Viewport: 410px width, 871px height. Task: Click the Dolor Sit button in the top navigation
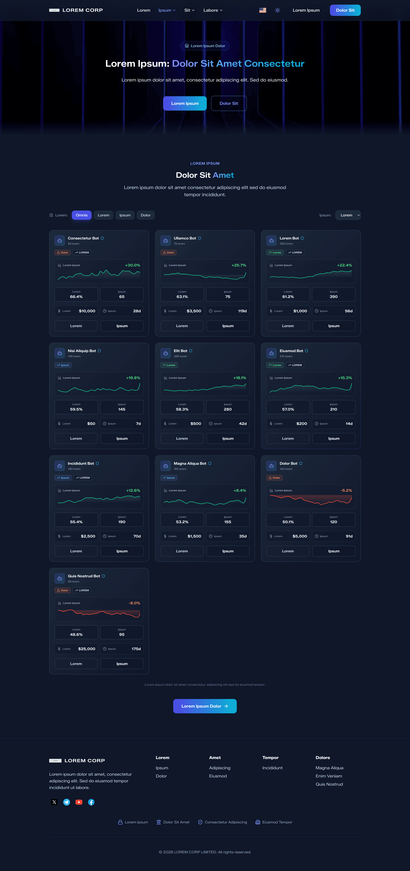pyautogui.click(x=345, y=10)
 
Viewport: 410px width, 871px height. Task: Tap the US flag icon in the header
pyautogui.click(x=263, y=10)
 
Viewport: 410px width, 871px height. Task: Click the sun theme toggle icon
pyautogui.click(x=277, y=10)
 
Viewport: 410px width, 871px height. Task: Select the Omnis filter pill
pyautogui.click(x=82, y=215)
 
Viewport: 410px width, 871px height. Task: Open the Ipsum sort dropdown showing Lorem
pyautogui.click(x=348, y=215)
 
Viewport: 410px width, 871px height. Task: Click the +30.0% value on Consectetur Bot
pyautogui.click(x=132, y=265)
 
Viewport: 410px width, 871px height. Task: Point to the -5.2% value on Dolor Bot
pyautogui.click(x=346, y=490)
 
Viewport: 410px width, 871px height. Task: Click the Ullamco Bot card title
pyautogui.click(x=185, y=238)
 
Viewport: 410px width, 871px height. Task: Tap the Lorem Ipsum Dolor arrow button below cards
pyautogui.click(x=205, y=706)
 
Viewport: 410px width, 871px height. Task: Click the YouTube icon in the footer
pyautogui.click(x=79, y=802)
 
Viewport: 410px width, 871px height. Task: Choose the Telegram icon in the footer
pyautogui.click(x=67, y=802)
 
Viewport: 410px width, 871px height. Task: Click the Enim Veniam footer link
pyautogui.click(x=329, y=776)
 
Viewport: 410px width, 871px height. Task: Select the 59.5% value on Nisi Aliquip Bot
pyautogui.click(x=76, y=409)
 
